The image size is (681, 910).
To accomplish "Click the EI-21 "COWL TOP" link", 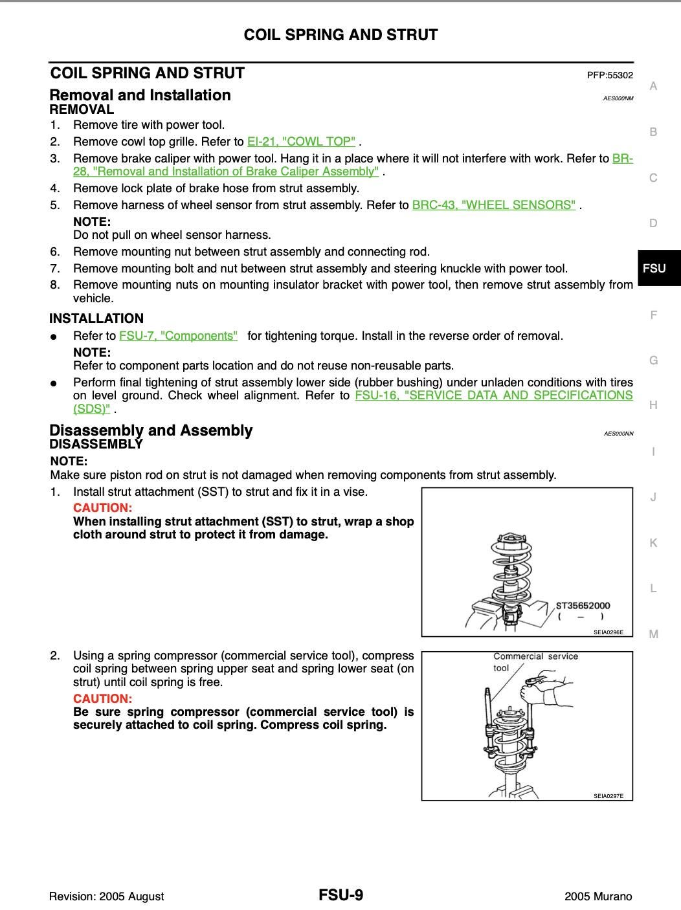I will pyautogui.click(x=301, y=141).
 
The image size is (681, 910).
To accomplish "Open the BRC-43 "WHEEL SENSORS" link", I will pyautogui.click(x=493, y=205).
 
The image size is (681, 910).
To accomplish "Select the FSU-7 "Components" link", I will pyautogui.click(x=178, y=335).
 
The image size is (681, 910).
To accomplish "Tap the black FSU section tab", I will pyautogui.click(x=654, y=268).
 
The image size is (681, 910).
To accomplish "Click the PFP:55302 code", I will pyautogui.click(x=610, y=75).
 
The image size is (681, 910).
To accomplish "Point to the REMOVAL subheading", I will pyautogui.click(x=82, y=109).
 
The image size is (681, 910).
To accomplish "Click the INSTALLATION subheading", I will pyautogui.click(x=96, y=318).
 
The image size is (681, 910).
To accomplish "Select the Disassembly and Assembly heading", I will pyautogui.click(x=151, y=430).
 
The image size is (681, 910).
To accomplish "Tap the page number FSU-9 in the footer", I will pyautogui.click(x=340, y=895).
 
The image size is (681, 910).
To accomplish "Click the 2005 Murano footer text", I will pyautogui.click(x=598, y=896).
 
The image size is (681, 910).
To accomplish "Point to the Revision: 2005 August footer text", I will pyautogui.click(x=106, y=896).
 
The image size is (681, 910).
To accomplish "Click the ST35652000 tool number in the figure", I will pyautogui.click(x=583, y=606).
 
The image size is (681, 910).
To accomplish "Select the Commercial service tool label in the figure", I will pyautogui.click(x=535, y=656).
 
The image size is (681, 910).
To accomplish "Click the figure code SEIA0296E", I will pyautogui.click(x=608, y=632).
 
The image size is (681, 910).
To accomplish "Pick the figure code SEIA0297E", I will pyautogui.click(x=608, y=795).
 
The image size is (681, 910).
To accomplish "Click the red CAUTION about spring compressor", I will pyautogui.click(x=102, y=698).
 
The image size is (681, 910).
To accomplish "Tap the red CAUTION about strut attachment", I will pyautogui.click(x=102, y=507).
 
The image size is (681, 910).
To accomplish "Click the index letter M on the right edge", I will pyautogui.click(x=653, y=634).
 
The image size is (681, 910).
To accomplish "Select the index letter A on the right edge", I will pyautogui.click(x=653, y=86).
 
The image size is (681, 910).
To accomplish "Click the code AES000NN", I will pyautogui.click(x=618, y=434).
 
